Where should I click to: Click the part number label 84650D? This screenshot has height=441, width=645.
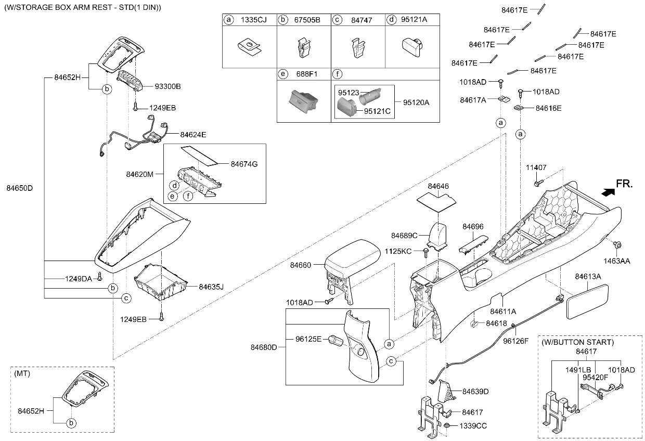20,188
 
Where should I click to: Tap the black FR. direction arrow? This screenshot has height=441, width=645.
608,192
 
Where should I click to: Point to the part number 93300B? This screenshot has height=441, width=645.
167,86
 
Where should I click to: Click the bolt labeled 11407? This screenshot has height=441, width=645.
538,183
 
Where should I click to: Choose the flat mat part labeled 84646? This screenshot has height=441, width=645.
436,203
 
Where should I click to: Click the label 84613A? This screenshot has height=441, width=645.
588,277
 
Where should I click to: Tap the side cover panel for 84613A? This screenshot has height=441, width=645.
587,302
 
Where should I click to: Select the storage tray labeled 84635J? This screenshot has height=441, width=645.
161,282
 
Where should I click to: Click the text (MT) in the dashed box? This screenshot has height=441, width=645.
22,373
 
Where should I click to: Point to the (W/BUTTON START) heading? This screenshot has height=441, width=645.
577,342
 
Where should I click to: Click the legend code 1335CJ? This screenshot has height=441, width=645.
253,20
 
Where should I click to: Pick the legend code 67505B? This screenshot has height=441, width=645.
307,20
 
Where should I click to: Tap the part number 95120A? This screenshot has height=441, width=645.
416,102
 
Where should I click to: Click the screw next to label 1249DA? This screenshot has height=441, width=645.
100,276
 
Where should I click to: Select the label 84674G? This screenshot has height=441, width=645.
244,164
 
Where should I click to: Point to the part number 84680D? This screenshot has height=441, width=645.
264,347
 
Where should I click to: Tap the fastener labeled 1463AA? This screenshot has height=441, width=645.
617,245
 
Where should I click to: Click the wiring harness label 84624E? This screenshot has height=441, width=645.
193,135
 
